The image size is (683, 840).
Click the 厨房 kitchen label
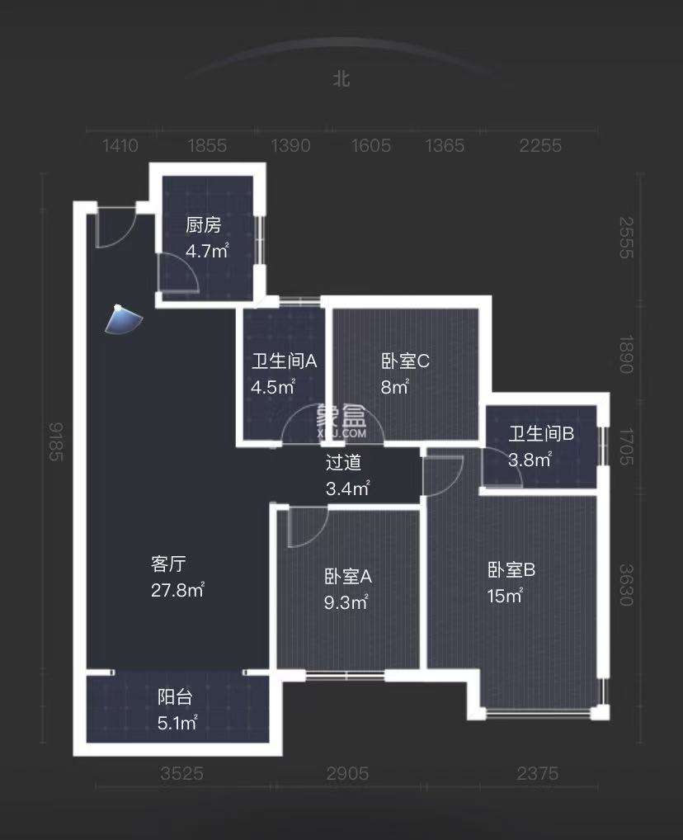(203, 225)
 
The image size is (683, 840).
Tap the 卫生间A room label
(285, 361)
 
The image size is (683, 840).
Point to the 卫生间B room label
(541, 434)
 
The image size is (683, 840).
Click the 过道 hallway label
(343, 464)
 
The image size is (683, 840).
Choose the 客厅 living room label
(168, 564)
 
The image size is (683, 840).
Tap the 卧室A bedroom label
(348, 577)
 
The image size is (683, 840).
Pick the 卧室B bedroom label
(511, 569)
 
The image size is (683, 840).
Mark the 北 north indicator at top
(341, 78)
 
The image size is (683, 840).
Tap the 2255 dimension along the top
(540, 146)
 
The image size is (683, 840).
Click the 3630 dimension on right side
(627, 585)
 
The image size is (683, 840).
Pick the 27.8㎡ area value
(177, 591)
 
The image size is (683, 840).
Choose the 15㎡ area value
(505, 596)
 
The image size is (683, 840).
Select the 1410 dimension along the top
(120, 146)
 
